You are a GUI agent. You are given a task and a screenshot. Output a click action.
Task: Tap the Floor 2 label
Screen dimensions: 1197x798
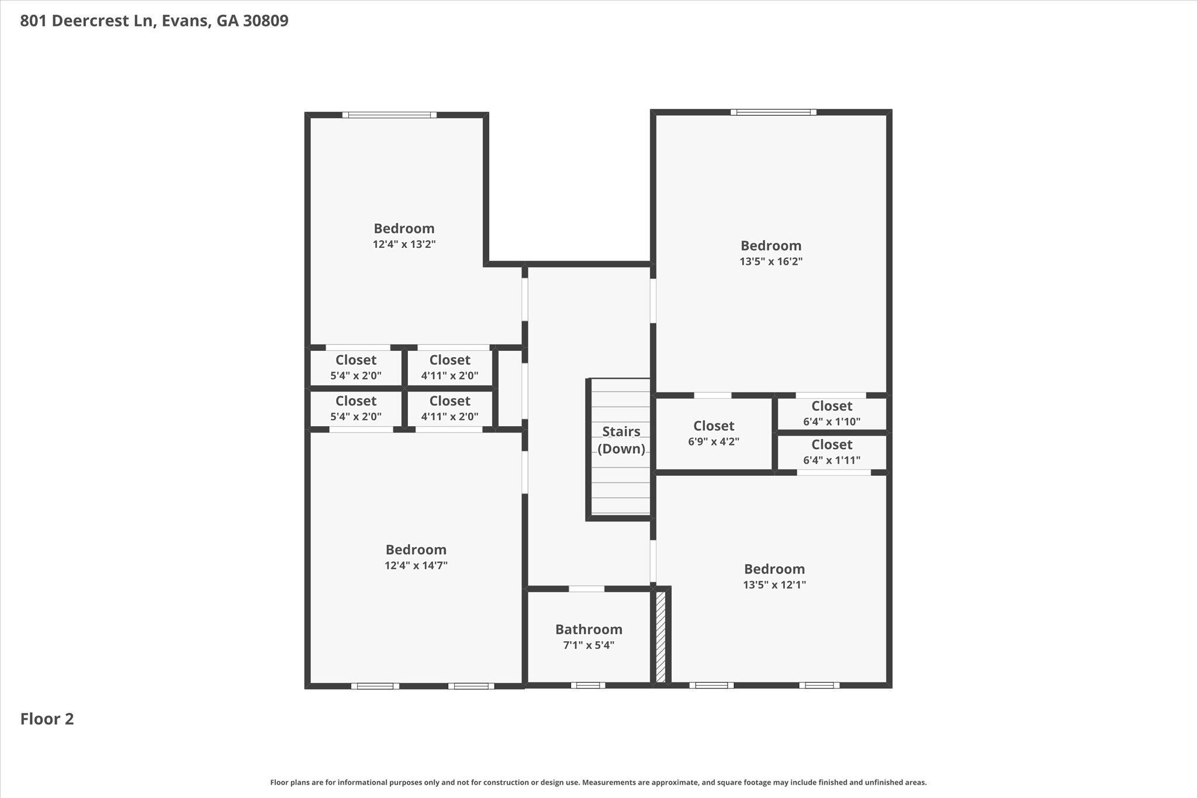tap(47, 719)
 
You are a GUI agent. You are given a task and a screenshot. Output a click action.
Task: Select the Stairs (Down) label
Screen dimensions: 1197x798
tap(621, 440)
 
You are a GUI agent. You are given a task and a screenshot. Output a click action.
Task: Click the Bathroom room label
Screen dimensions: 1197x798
tap(589, 629)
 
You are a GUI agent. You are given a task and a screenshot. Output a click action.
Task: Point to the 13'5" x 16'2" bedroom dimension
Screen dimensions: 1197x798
tap(771, 261)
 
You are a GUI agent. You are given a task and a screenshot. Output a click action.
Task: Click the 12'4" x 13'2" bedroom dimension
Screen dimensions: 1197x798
tap(404, 244)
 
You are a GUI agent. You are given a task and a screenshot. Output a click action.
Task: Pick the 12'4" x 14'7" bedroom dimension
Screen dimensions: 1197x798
tap(416, 565)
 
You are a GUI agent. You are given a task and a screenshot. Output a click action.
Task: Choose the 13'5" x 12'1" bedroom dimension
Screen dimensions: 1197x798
tap(774, 585)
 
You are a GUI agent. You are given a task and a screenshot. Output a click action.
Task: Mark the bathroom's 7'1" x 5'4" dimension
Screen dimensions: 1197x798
tap(589, 645)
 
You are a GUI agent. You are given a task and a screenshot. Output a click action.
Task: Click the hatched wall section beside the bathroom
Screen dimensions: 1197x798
tap(660, 637)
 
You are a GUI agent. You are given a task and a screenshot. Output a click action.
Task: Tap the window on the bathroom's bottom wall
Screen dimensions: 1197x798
tap(588, 685)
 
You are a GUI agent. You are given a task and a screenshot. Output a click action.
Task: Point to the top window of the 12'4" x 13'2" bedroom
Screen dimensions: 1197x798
tap(389, 115)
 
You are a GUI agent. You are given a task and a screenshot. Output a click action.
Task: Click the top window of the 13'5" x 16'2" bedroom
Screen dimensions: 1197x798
tap(773, 112)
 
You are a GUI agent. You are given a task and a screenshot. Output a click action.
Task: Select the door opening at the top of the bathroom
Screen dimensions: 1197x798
tap(586, 589)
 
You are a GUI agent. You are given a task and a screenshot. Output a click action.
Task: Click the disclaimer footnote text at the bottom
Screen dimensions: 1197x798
tap(598, 782)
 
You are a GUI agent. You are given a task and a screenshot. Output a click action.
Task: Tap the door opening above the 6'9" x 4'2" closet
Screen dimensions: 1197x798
tap(712, 395)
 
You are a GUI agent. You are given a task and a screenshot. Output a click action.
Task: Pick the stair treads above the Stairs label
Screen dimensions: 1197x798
tap(621, 400)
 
